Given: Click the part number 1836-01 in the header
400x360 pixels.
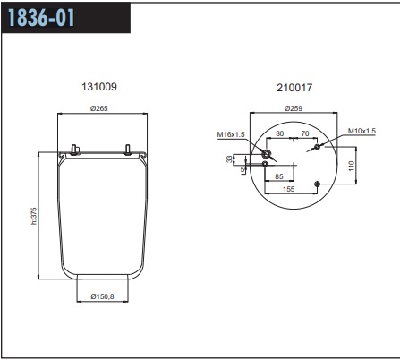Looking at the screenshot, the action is pyautogui.click(x=41, y=17).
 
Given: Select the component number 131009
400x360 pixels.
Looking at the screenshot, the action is pyautogui.click(x=99, y=87).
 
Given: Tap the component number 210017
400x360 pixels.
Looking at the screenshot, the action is pyautogui.click(x=294, y=88).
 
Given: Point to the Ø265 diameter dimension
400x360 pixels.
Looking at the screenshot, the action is pyautogui.click(x=99, y=108).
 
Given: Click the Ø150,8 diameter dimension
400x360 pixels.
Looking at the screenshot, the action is pyautogui.click(x=102, y=296).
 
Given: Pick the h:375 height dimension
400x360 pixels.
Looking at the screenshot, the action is pyautogui.click(x=34, y=216).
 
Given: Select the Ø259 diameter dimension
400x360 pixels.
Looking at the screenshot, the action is pyautogui.click(x=294, y=108).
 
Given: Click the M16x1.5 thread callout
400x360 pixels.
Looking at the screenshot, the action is pyautogui.click(x=231, y=134).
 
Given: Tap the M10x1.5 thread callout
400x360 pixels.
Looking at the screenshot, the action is pyautogui.click(x=362, y=131).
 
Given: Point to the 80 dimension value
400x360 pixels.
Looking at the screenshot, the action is pyautogui.click(x=280, y=133).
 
